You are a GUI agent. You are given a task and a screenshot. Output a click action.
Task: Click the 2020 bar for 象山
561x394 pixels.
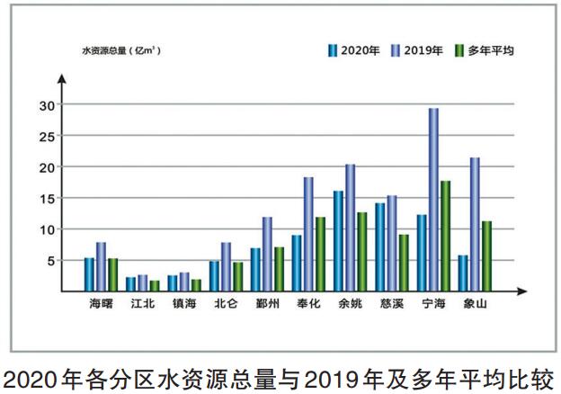(x=463, y=272)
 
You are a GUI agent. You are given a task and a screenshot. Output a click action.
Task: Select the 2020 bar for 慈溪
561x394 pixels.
(x=380, y=245)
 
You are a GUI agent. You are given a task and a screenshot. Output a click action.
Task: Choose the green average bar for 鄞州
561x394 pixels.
(x=279, y=267)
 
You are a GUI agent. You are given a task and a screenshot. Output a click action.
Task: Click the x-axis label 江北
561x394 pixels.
(x=142, y=305)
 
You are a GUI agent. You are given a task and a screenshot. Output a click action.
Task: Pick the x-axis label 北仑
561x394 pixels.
(x=226, y=305)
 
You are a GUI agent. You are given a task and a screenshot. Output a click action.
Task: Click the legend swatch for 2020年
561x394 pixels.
(x=332, y=50)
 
